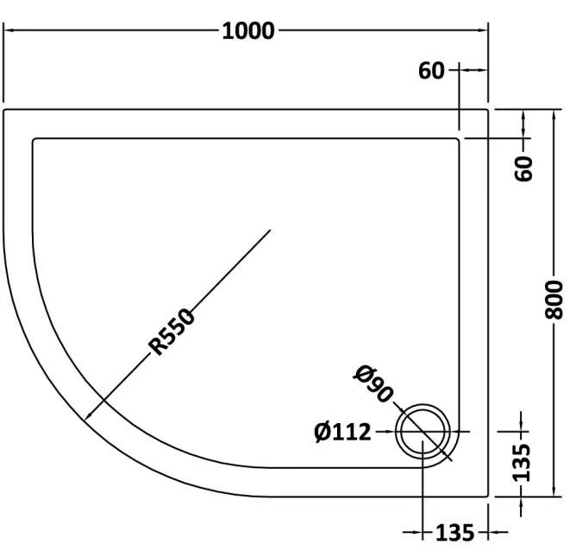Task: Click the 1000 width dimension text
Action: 248,31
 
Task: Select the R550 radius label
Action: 173,332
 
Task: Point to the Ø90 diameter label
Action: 372,383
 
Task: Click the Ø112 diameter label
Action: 342,431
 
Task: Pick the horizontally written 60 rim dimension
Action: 431,71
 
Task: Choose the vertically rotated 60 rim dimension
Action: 523,168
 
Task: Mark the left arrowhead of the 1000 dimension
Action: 9,31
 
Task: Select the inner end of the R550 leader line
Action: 272,230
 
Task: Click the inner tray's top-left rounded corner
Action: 36,141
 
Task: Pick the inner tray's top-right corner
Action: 457,139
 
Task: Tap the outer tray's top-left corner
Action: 6,111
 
